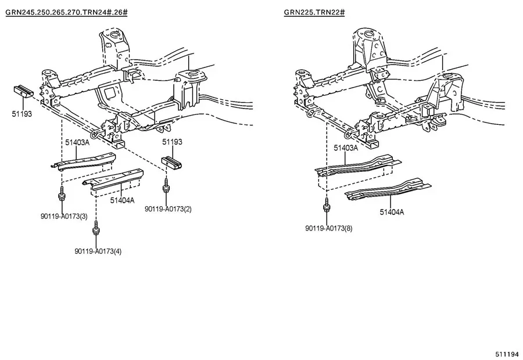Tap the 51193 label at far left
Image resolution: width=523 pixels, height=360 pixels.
point(22,114)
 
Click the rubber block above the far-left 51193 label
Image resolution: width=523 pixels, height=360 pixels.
point(23,91)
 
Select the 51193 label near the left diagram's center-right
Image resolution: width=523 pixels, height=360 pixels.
point(171,142)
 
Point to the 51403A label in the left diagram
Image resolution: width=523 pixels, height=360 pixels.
point(77,142)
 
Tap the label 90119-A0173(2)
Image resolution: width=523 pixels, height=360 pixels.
point(168,208)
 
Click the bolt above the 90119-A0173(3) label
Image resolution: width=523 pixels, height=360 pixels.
point(61,194)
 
